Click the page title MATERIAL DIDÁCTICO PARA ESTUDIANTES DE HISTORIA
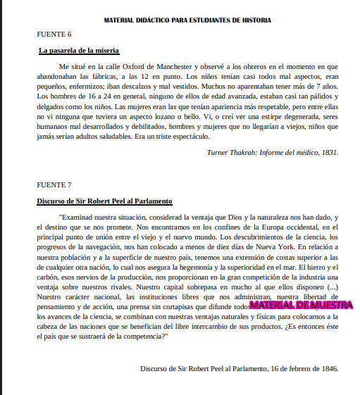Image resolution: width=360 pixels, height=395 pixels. (187, 21)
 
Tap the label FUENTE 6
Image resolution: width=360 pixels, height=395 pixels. (54, 34)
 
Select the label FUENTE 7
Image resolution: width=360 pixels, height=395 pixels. (54, 184)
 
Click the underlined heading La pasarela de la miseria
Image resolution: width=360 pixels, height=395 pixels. (79, 50)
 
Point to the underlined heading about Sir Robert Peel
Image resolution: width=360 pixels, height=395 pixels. (104, 201)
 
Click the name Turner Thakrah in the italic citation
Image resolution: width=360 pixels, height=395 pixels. (232, 151)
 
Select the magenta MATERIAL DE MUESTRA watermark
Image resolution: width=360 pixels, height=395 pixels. (301, 306)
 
